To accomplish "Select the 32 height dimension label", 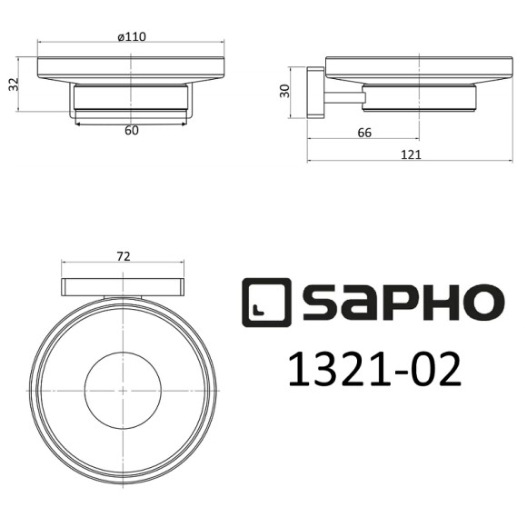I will point(14,84).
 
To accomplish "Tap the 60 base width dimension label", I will point(131,131).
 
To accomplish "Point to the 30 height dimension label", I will point(283,91).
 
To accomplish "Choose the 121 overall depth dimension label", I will point(410,154).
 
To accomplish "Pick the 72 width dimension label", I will point(124,257).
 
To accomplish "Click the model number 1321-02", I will point(373,371).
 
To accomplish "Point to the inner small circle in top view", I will point(123,389).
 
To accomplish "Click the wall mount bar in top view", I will point(124,288).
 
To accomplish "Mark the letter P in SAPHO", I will point(397,303).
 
